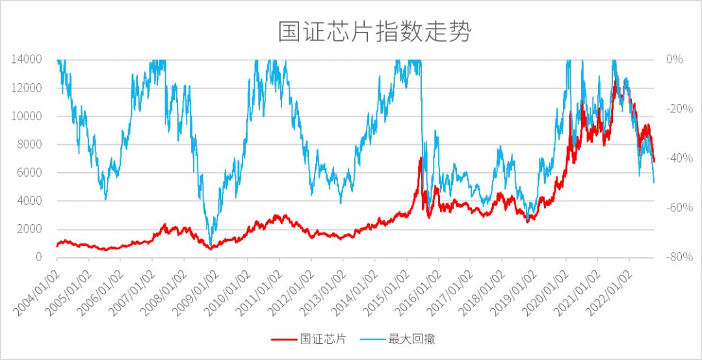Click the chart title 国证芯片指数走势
tap(374, 31)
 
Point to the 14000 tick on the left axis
tap(27, 59)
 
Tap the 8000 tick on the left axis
tap(30, 144)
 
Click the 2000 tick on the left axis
tap(30, 229)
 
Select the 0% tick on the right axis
tap(675, 59)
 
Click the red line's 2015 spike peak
tap(421, 157)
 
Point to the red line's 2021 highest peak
tap(615, 81)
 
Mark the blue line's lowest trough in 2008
tap(210, 244)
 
